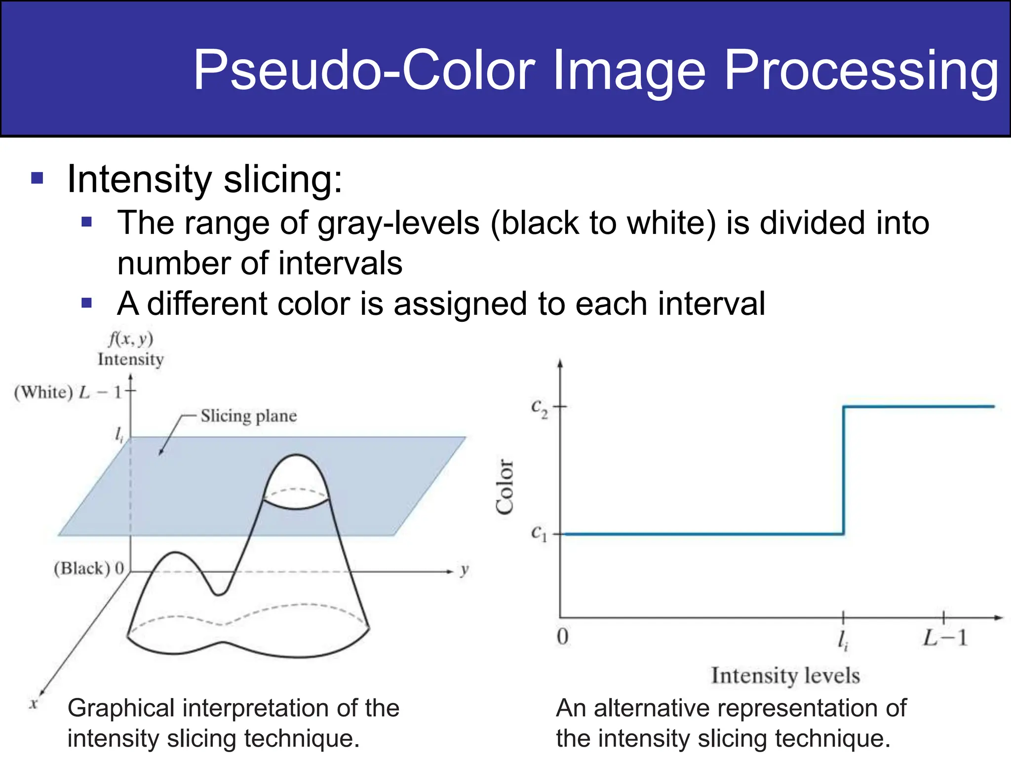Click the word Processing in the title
coord(861,70)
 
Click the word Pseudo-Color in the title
coord(364,70)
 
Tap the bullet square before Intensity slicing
coord(37,178)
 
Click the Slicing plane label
coord(248,416)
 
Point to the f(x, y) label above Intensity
coord(131,339)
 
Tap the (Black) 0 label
coord(89,568)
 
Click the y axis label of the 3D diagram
coord(464,570)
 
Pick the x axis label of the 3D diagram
coord(34,704)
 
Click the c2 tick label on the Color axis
coord(539,408)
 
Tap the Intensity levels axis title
coord(785,675)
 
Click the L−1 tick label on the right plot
coord(945,638)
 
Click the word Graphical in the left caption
coord(120,708)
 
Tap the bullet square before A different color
coord(87,303)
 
